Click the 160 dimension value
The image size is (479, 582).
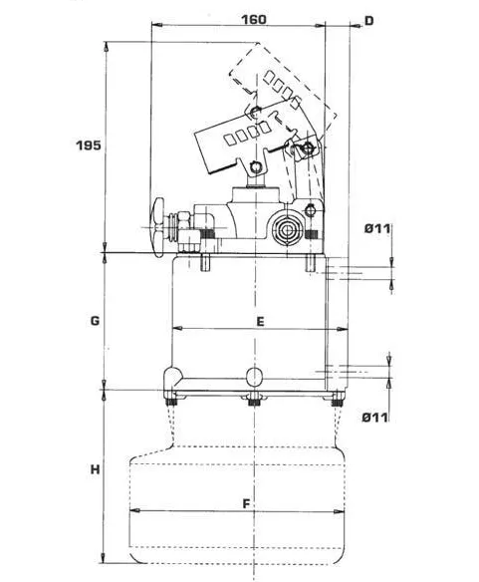[x=254, y=19]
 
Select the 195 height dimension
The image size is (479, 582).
[x=89, y=145]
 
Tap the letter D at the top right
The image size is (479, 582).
[x=369, y=21]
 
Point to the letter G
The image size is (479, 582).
[x=95, y=320]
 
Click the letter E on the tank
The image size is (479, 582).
[x=261, y=322]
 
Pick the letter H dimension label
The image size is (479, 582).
[x=96, y=469]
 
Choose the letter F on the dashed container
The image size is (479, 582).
[x=246, y=504]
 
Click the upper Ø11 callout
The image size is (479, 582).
[x=377, y=228]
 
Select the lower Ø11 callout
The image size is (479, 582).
[x=375, y=418]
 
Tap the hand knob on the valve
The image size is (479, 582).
[x=157, y=227]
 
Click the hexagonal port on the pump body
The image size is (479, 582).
[x=287, y=230]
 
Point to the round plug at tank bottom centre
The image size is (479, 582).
[x=255, y=377]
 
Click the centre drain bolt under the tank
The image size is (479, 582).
[x=254, y=401]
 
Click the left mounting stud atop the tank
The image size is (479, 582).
[x=205, y=262]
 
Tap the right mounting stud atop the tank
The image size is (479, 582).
[x=311, y=262]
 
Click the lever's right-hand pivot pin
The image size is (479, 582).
[x=308, y=148]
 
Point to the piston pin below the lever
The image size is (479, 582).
[x=255, y=167]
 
